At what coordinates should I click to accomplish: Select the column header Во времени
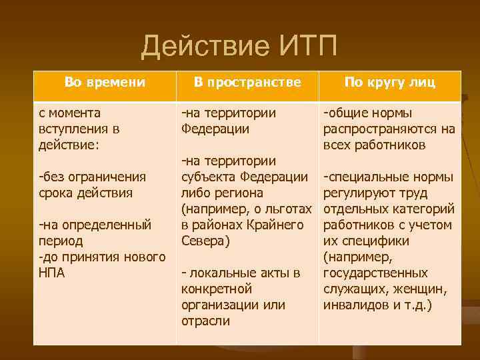click(105, 82)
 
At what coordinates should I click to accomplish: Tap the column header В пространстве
click(247, 82)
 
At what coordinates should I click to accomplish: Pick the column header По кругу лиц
click(389, 82)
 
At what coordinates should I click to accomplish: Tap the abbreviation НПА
click(52, 273)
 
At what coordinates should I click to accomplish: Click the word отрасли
click(205, 321)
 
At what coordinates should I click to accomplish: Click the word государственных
click(375, 273)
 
